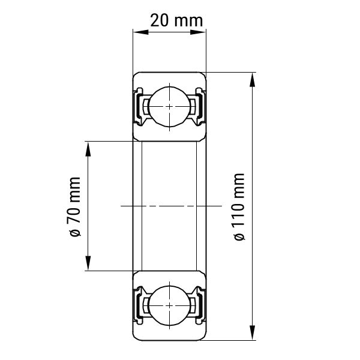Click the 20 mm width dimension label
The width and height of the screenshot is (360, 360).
coord(176,20)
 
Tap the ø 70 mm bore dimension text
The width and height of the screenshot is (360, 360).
coord(74,206)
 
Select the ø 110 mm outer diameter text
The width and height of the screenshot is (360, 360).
coord(239,206)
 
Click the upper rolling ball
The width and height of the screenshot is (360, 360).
coord(169,107)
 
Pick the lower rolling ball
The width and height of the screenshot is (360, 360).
coord(169,306)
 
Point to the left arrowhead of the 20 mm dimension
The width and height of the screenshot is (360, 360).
coord(140,32)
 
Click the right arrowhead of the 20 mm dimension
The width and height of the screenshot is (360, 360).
coord(198,32)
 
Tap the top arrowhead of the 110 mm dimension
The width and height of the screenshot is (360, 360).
coord(253,80)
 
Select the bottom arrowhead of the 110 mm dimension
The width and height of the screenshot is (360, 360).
coord(253,332)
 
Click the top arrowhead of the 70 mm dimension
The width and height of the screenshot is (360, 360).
coord(88,149)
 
